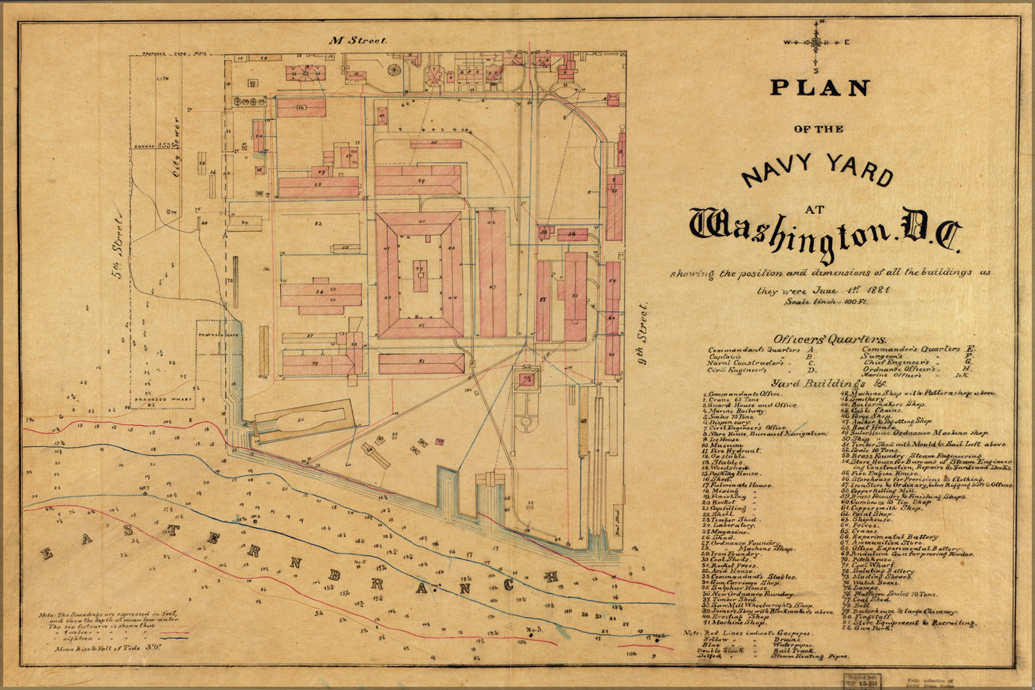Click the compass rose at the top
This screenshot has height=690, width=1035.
click(816, 43)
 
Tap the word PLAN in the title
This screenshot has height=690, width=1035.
click(820, 88)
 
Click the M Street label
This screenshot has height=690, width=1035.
click(358, 41)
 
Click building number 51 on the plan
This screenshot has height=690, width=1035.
click(420, 364)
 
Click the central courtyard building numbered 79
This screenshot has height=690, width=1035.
click(419, 271)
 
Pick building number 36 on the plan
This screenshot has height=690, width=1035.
click(321, 294)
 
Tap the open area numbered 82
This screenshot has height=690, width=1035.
click(318, 225)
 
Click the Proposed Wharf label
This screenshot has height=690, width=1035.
click(155, 400)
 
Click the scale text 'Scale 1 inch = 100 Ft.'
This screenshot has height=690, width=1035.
click(826, 302)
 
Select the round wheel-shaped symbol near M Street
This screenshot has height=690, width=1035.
click(394, 70)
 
